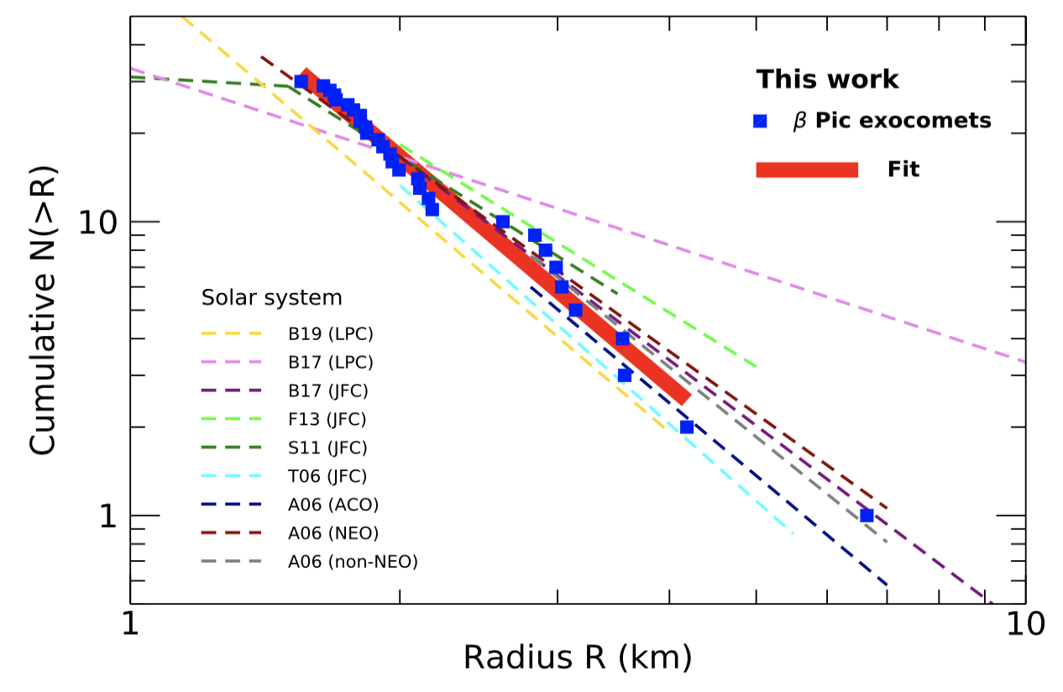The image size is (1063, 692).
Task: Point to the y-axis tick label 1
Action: coord(107,516)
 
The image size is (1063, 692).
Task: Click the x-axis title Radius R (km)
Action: coord(578,658)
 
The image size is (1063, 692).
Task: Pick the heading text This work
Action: coord(827,80)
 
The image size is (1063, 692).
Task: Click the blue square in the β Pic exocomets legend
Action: coord(761,121)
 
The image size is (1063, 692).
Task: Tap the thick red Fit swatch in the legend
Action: coord(807,170)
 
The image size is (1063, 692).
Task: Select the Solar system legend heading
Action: coord(272,298)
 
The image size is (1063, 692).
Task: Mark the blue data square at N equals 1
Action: coord(867,515)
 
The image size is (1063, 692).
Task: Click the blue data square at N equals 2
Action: coord(687,427)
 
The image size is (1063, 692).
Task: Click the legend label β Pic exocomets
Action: coord(892,121)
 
